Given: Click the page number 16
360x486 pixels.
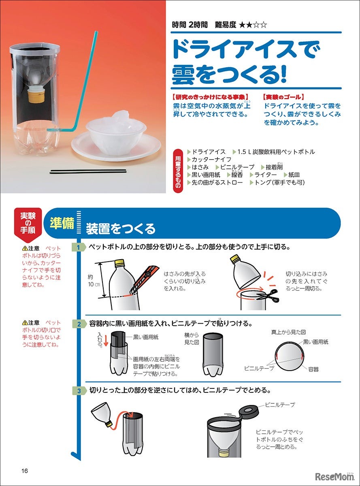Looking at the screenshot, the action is click(25, 470).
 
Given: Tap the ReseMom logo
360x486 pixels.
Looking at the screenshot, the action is click(334, 476).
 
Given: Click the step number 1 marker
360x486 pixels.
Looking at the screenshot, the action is click(79, 247).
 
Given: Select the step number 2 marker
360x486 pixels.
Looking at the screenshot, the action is click(79, 324).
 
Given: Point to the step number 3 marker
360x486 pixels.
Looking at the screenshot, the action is click(79, 391).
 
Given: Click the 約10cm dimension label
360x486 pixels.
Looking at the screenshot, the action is click(94, 281).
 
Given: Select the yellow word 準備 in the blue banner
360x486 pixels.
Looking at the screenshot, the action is click(62, 223).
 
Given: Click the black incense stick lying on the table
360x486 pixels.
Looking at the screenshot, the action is click(88, 171).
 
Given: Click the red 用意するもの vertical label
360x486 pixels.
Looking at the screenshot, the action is click(178, 171).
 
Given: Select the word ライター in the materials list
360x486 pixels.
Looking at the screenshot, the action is click(266, 175).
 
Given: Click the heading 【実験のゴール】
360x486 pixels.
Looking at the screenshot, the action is click(283, 97).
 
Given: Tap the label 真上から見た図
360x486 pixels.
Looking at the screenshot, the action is click(288, 332).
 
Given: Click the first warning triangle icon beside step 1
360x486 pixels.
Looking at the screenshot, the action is click(25, 248).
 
